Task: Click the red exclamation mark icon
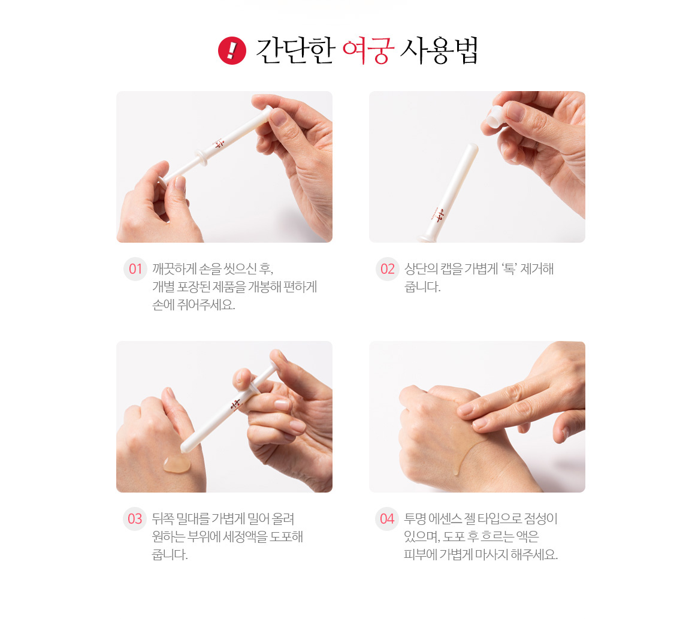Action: (232, 50)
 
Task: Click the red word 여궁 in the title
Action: (368, 50)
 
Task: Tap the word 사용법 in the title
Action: (439, 50)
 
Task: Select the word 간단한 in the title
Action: (295, 50)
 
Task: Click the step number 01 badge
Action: (135, 268)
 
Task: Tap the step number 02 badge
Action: (388, 268)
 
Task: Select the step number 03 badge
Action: (135, 519)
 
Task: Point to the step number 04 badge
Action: (387, 519)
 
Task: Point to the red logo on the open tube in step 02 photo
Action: (439, 215)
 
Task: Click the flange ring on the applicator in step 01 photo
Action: (202, 158)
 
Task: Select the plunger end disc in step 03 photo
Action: (275, 359)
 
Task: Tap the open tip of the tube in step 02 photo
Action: (473, 147)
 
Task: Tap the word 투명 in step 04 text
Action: (415, 519)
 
